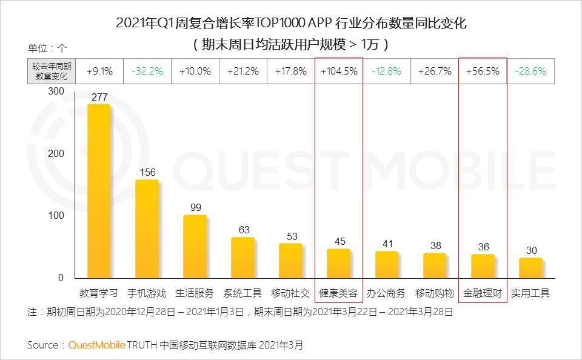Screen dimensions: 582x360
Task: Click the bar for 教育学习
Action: pyautogui.click(x=99, y=191)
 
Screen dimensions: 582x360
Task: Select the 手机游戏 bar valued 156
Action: pyautogui.click(x=147, y=228)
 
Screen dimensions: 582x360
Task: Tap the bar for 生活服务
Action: pyautogui.click(x=195, y=247)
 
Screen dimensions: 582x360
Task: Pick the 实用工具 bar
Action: pyautogui.click(x=531, y=268)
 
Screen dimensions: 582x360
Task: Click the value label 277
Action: pyautogui.click(x=99, y=97)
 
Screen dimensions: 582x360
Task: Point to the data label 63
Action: pyautogui.click(x=244, y=230)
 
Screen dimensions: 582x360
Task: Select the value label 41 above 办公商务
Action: pyautogui.click(x=387, y=244)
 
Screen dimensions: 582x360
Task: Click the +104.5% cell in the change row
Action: pyautogui.click(x=339, y=72)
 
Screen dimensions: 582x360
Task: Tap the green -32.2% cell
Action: pyautogui.click(x=147, y=72)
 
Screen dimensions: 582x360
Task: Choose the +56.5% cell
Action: pyautogui.click(x=483, y=72)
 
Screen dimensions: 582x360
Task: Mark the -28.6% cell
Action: pyautogui.click(x=531, y=72)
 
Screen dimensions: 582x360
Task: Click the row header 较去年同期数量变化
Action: pyautogui.click(x=52, y=72)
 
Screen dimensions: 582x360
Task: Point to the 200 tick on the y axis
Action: pyautogui.click(x=56, y=154)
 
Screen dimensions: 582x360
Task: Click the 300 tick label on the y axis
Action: pyautogui.click(x=56, y=92)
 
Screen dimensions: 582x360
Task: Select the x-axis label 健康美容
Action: pyautogui.click(x=338, y=293)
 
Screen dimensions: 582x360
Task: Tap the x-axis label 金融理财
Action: pyautogui.click(x=483, y=293)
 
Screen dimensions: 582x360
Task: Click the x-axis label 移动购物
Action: pyautogui.click(x=435, y=293)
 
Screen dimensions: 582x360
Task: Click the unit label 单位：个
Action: pyautogui.click(x=47, y=48)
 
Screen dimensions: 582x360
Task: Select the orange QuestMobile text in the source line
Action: pyautogui.click(x=97, y=345)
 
